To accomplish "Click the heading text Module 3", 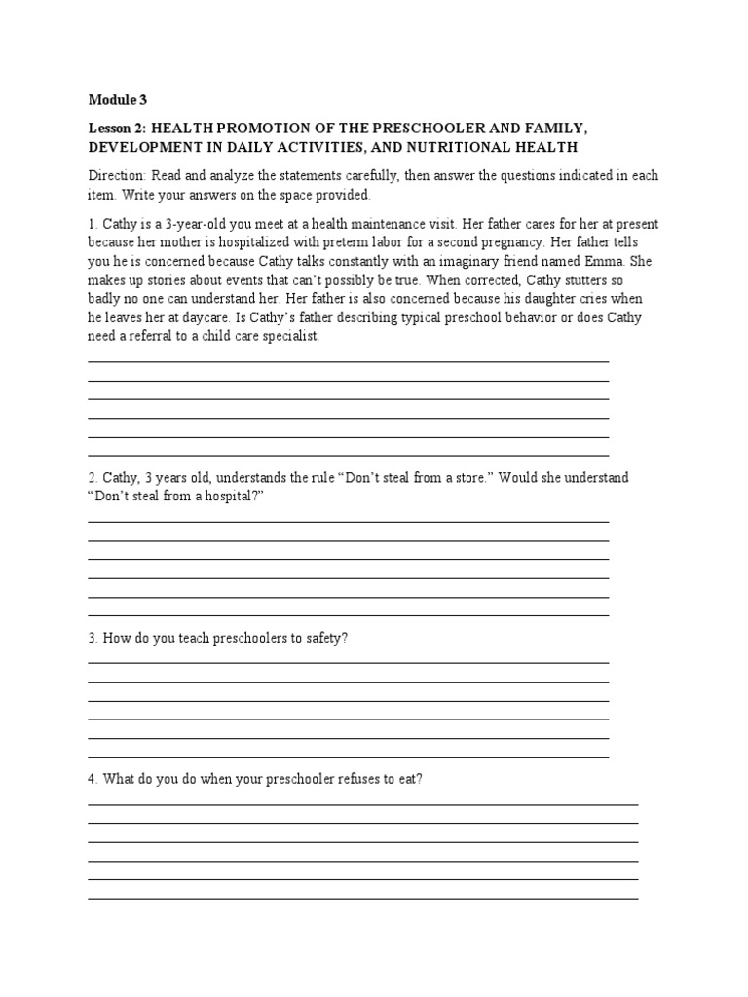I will [x=118, y=99].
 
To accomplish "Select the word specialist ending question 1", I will [x=288, y=336].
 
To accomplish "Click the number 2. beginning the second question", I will [x=93, y=478].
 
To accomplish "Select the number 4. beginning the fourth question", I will [x=93, y=779].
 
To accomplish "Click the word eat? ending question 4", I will [x=412, y=779].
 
